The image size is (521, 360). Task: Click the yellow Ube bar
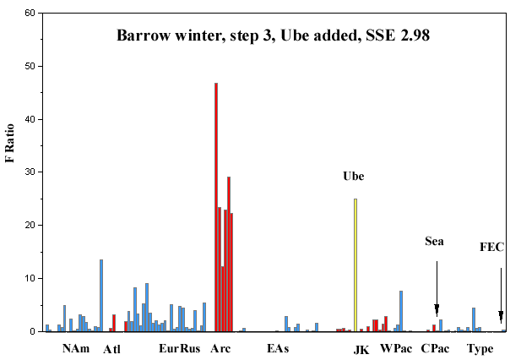click(355, 265)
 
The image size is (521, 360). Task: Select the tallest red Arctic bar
click(216, 207)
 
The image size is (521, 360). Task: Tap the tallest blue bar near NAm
click(101, 296)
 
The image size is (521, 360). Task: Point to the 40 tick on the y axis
click(41, 119)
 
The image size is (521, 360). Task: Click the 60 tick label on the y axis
click(30, 13)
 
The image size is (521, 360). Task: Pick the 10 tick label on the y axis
click(30, 278)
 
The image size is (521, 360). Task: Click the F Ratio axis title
click(9, 143)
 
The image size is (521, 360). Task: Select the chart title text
click(273, 35)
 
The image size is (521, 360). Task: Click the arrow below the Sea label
click(437, 289)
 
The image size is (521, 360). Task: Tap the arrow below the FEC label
click(501, 296)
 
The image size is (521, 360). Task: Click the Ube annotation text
click(354, 176)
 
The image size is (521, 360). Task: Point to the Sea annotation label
click(434, 241)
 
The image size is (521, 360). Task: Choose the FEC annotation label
click(491, 247)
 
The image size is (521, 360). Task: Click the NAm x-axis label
click(76, 348)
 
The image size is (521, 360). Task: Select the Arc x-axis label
click(220, 348)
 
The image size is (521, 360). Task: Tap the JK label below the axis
click(361, 350)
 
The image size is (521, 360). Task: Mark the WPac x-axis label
click(396, 348)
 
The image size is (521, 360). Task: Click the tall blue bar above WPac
click(401, 311)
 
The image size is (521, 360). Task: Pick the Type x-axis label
click(480, 349)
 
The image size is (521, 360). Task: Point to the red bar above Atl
click(114, 323)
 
